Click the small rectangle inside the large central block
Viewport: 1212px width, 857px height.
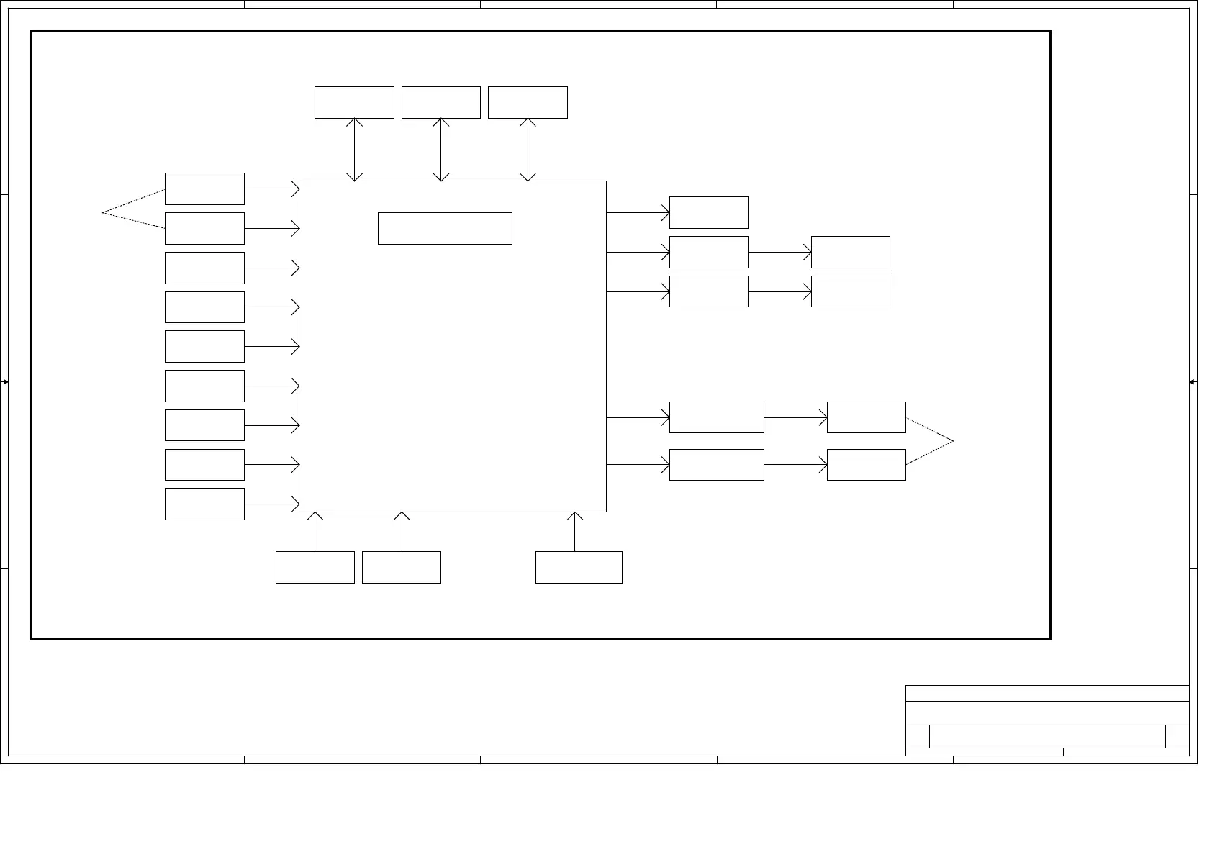(445, 228)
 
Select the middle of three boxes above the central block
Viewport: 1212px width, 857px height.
(440, 102)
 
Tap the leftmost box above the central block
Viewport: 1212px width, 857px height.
(354, 102)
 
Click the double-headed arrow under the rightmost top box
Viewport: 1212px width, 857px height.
(528, 150)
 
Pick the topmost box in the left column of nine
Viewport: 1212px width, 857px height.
(204, 189)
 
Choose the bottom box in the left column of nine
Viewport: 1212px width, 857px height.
(204, 504)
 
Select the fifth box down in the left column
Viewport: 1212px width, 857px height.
(204, 346)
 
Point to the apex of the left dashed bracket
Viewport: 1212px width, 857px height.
(103, 212)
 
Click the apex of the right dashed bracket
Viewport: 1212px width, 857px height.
(953, 441)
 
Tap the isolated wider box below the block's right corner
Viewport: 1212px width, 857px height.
(579, 567)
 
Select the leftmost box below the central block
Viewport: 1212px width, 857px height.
(315, 567)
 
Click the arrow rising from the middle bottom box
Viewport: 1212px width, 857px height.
(402, 532)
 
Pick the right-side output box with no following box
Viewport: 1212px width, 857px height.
(708, 212)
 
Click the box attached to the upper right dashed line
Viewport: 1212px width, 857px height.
(866, 417)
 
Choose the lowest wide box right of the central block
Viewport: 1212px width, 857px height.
(716, 465)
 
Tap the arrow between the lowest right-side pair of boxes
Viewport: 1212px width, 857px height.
(795, 465)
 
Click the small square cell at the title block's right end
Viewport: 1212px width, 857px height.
(1177, 736)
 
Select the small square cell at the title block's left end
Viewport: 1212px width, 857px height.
(917, 736)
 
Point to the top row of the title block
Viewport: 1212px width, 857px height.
(1046, 694)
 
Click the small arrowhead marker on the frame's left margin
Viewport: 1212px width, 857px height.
(4, 382)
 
